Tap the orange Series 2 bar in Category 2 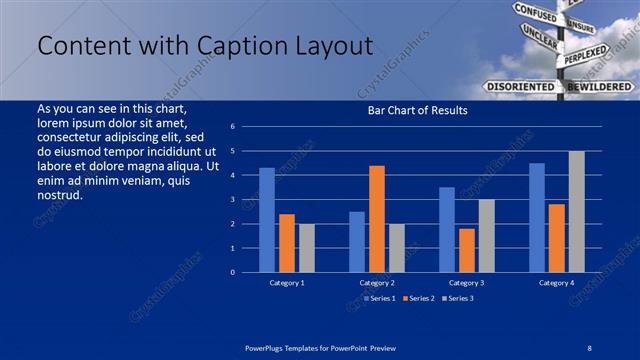[376, 218]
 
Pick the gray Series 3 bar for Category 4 [576, 211]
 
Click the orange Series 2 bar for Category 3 [466, 250]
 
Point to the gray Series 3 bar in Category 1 [306, 248]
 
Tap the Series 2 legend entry [418, 298]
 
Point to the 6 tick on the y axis [232, 127]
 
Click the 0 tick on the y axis [232, 272]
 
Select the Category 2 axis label [377, 283]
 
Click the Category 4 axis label [556, 283]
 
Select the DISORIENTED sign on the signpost [520, 87]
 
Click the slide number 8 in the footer [589, 347]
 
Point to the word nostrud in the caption [59, 195]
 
